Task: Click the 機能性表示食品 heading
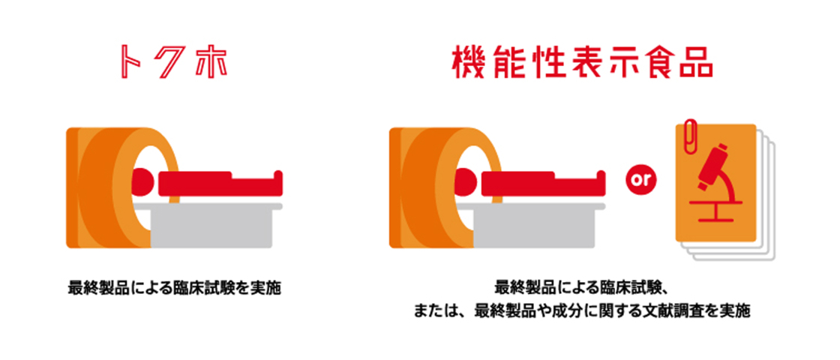pyautogui.click(x=581, y=64)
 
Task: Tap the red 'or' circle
pyautogui.click(x=639, y=181)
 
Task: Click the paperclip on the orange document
pyautogui.click(x=688, y=134)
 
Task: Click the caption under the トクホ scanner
pyautogui.click(x=174, y=287)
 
